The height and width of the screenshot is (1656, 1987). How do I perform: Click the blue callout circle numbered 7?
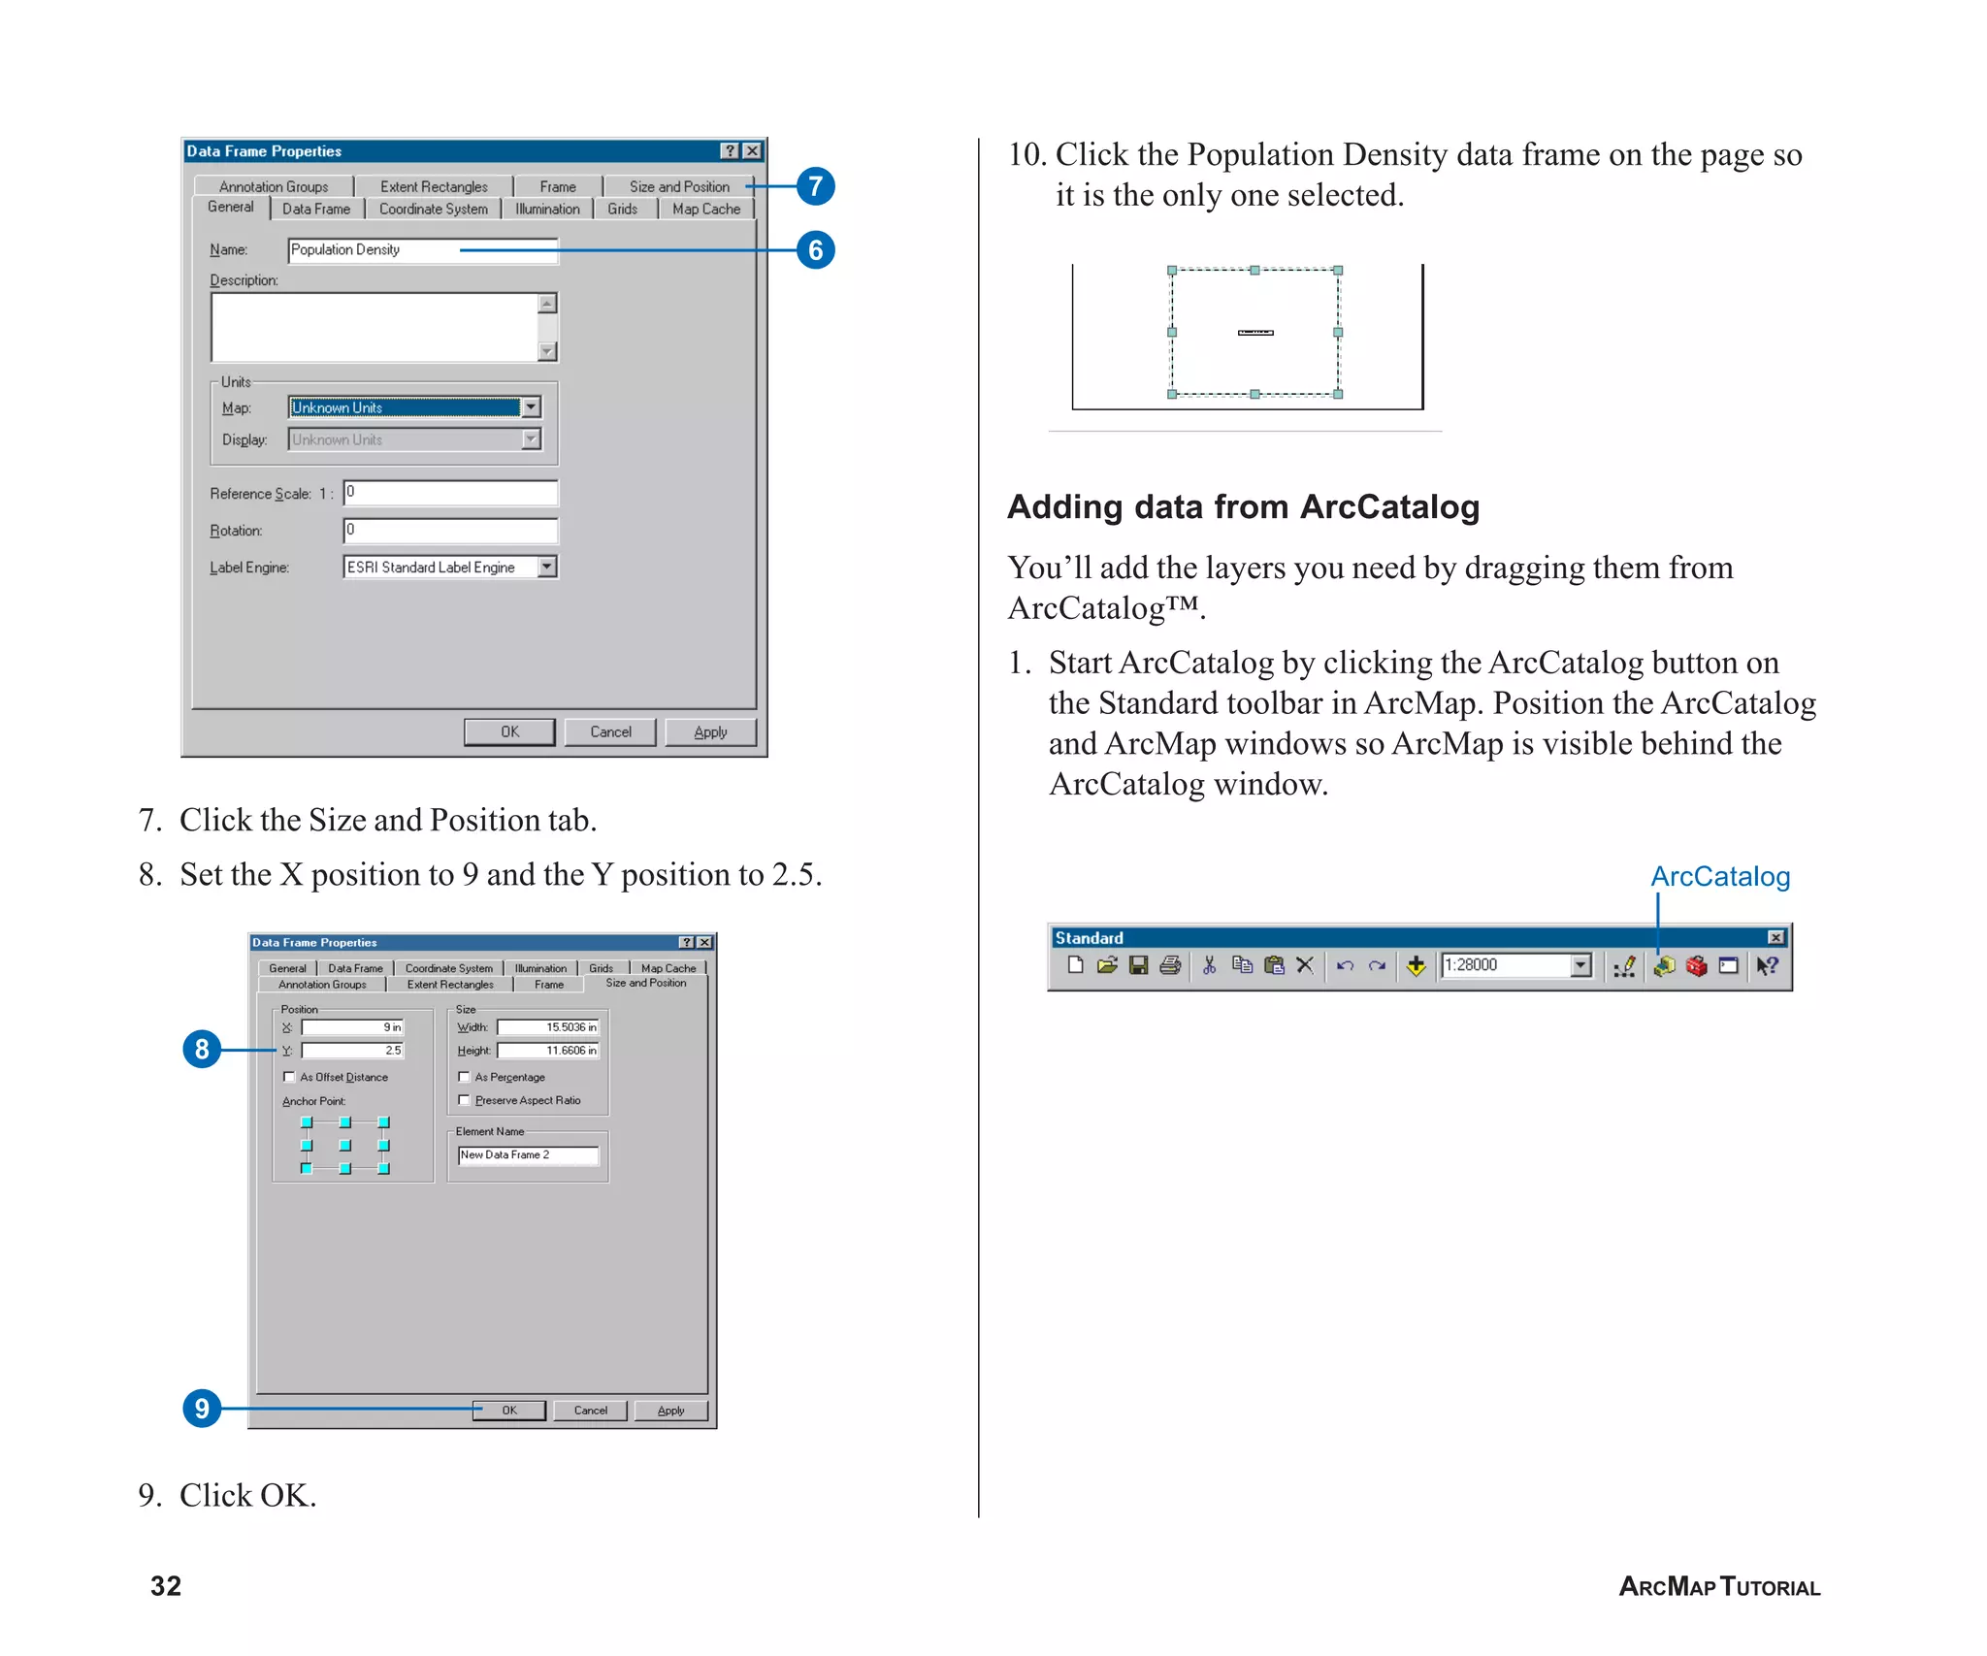click(815, 186)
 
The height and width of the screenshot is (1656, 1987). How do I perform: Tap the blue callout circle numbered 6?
click(815, 250)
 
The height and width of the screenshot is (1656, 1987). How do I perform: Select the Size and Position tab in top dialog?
click(678, 186)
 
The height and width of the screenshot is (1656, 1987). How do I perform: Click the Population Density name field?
click(422, 250)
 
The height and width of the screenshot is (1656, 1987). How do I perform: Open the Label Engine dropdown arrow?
click(547, 568)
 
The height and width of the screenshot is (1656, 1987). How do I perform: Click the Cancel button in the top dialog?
click(609, 732)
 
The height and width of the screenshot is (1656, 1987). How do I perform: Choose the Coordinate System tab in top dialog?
click(433, 210)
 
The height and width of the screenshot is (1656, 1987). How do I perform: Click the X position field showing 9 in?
click(352, 1027)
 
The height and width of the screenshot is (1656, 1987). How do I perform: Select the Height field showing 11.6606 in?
click(548, 1051)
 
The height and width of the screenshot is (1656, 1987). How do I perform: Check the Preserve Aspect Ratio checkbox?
click(464, 1100)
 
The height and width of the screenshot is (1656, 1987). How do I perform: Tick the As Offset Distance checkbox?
click(289, 1077)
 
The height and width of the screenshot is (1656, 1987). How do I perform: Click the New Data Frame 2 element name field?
click(528, 1155)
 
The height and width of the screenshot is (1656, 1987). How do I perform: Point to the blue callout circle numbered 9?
click(202, 1408)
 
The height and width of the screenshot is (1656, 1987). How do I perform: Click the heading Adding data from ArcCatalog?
click(1243, 507)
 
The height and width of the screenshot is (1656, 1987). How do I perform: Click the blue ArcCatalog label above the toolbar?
click(1719, 877)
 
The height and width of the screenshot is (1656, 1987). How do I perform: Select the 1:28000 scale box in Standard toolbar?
click(1504, 965)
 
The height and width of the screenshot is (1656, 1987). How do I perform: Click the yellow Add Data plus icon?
click(1416, 965)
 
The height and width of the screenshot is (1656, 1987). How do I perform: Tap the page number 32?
click(166, 1586)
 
